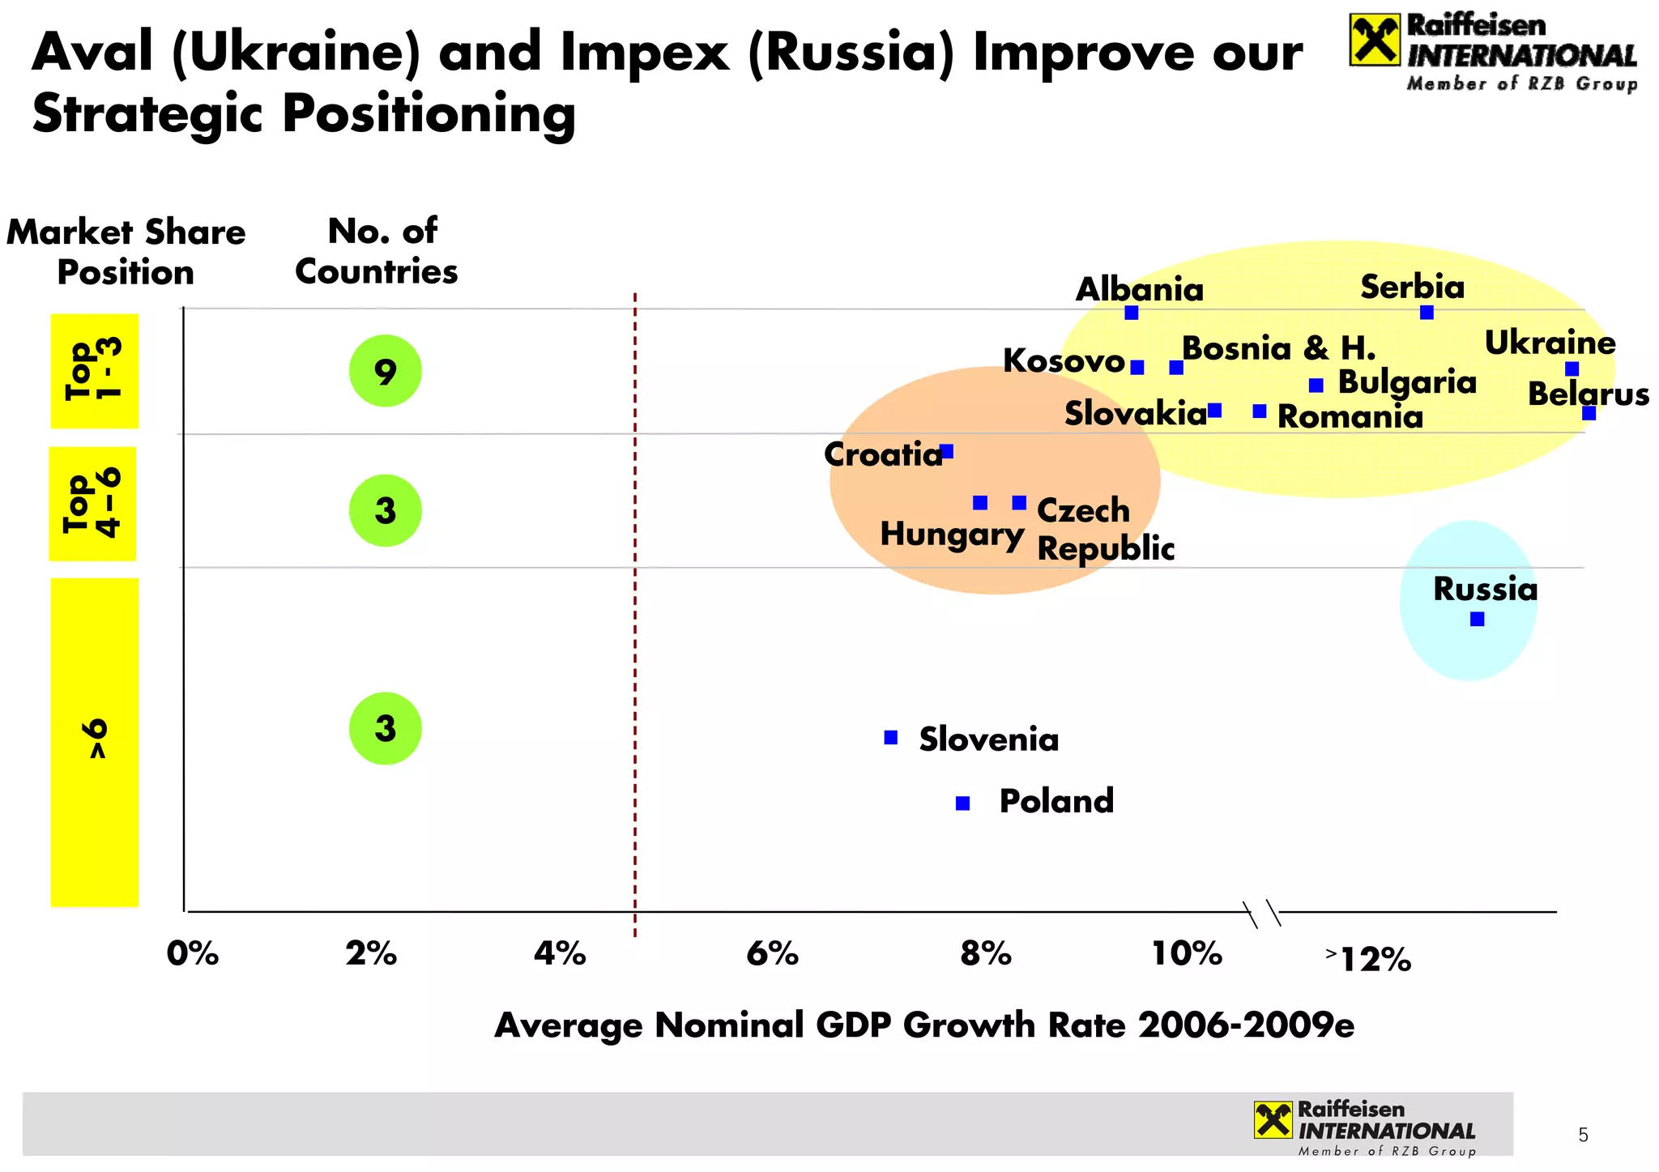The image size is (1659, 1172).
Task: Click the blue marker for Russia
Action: pos(1477,619)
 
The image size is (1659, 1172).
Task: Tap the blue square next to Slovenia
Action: pos(890,737)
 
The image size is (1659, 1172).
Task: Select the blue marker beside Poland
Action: pos(962,803)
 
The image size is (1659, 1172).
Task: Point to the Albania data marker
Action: pos(1132,313)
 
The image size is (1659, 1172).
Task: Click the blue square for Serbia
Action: pos(1427,313)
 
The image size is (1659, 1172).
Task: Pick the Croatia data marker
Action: pos(946,451)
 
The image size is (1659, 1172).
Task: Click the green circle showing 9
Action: pos(385,371)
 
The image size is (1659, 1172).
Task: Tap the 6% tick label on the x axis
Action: pos(772,954)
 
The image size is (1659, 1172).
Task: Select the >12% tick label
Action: pos(1370,959)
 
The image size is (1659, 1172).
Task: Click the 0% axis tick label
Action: pos(192,954)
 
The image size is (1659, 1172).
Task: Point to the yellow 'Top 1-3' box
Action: pos(94,371)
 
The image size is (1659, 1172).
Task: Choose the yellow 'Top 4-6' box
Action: pos(92,504)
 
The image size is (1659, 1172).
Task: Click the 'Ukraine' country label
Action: pos(1550,343)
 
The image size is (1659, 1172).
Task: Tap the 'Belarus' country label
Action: pos(1588,394)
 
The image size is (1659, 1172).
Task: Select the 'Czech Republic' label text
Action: pos(1105,529)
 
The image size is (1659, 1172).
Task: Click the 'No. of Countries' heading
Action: pos(377,251)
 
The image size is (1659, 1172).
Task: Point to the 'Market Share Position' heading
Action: pos(126,252)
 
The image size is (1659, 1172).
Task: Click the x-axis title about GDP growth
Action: pos(923,1025)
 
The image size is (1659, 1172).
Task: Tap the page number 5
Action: pos(1583,1136)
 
